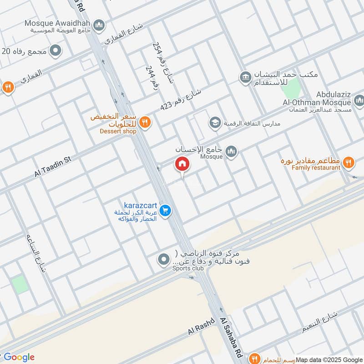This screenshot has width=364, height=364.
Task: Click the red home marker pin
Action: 182,164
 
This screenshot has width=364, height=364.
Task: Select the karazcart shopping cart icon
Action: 165,210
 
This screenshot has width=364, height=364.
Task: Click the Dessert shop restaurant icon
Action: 145,121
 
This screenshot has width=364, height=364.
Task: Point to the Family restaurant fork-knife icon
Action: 349,162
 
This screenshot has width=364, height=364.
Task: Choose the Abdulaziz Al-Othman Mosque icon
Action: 359,99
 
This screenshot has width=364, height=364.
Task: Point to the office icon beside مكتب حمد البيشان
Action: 246,77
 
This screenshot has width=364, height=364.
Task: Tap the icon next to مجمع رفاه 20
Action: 56,51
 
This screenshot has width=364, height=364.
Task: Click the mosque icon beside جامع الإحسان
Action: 232,151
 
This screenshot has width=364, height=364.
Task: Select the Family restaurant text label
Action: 316,168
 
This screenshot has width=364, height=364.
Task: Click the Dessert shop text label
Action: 118,131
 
